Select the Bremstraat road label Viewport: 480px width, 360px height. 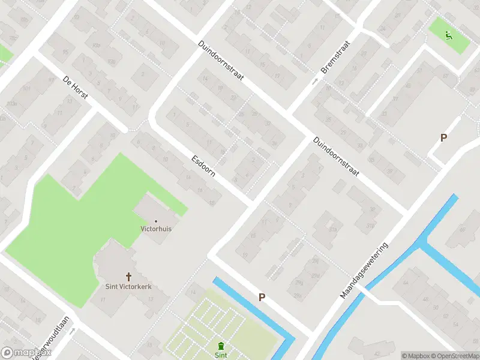point(335,61)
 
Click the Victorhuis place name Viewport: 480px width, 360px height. point(156,229)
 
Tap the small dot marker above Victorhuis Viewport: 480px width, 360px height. point(156,221)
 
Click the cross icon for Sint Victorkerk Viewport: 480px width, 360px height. point(128,277)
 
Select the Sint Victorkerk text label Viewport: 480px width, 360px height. point(128,287)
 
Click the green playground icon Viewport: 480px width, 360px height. point(448,35)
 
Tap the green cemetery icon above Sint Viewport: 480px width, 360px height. point(221,346)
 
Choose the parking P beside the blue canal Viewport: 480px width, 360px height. point(262,297)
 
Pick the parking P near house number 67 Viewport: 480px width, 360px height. point(443,137)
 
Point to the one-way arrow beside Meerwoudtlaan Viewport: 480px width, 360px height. point(71,331)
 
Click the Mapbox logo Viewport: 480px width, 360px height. point(17,353)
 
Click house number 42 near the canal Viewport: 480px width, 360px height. point(376,353)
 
